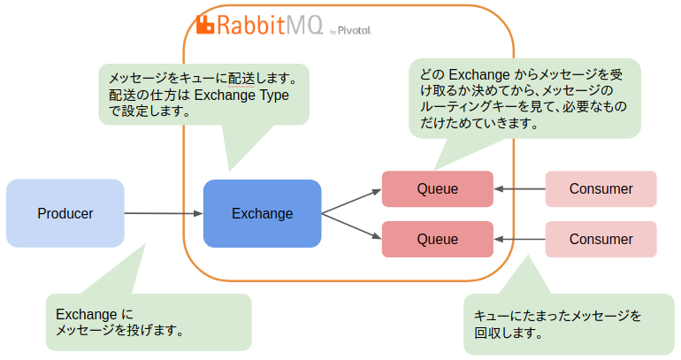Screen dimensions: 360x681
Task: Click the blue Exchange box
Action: [x=262, y=213]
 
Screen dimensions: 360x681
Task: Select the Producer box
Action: [x=65, y=213]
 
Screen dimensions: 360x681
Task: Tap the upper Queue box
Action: [x=437, y=188]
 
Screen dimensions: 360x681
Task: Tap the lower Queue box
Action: [x=437, y=239]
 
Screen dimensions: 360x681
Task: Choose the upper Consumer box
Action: [x=601, y=188]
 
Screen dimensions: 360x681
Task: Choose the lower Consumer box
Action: [x=601, y=239]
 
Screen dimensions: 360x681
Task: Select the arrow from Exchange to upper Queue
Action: [x=351, y=201]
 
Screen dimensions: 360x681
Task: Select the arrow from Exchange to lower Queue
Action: [x=351, y=226]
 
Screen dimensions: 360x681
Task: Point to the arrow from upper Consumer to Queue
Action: [x=519, y=188]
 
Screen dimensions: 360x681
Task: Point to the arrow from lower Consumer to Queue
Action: [x=519, y=239]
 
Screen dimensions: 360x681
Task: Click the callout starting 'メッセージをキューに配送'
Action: [x=203, y=94]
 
